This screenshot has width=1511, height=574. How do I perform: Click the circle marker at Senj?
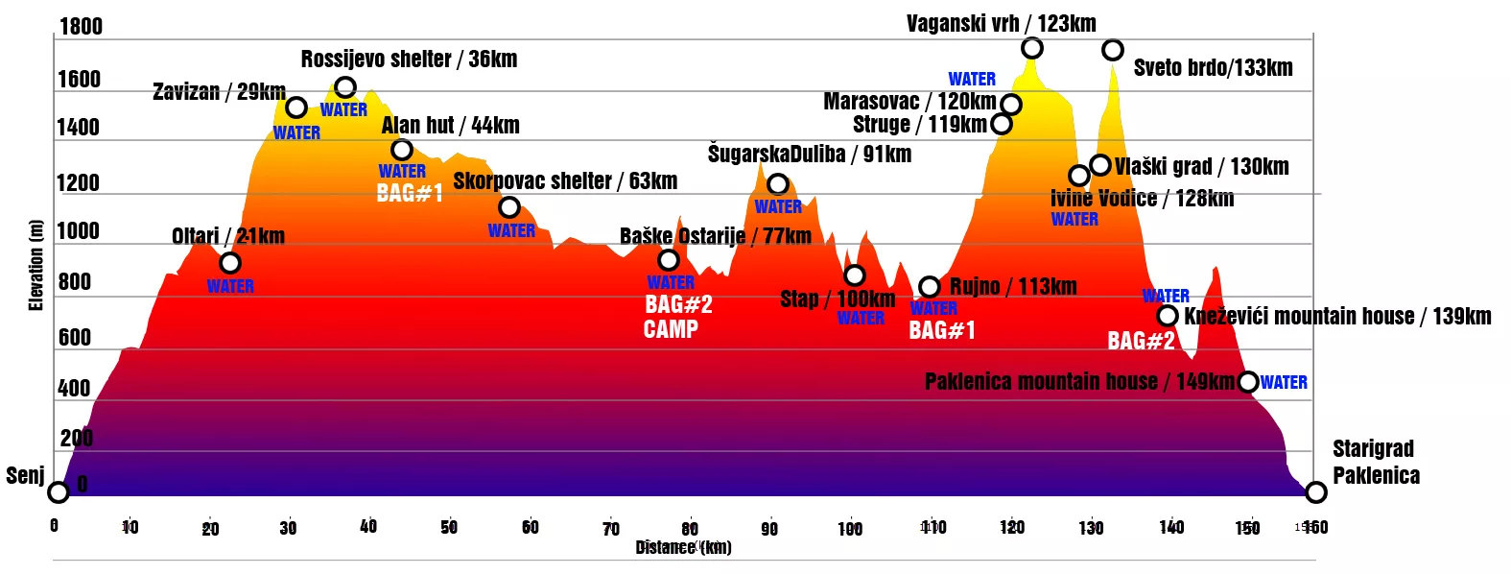tap(59, 492)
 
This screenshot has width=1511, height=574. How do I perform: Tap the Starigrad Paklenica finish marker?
tap(1315, 492)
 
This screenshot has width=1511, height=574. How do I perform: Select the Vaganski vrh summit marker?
tap(1031, 48)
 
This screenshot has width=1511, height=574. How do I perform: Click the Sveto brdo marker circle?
tap(1112, 50)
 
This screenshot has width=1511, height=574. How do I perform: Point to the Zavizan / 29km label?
tap(219, 92)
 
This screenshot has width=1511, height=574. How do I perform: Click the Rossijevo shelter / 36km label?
tap(409, 60)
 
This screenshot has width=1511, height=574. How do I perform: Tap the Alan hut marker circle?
tap(402, 150)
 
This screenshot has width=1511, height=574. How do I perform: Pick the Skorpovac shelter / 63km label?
tap(565, 181)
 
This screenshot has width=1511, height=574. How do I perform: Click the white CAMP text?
tap(671, 329)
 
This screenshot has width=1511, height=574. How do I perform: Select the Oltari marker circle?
tap(229, 263)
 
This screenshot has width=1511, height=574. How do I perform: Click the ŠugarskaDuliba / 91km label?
tap(809, 155)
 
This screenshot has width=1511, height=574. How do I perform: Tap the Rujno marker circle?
tap(929, 287)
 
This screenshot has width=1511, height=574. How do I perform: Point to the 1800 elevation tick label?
tap(81, 26)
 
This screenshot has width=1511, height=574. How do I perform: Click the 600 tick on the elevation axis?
tap(74, 338)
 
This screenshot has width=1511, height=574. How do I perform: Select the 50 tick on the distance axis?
tap(449, 527)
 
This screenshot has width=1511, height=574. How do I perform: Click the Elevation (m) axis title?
tap(36, 265)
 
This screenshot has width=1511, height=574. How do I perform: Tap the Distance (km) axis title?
tap(683, 547)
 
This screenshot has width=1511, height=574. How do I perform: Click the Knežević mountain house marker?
tap(1168, 316)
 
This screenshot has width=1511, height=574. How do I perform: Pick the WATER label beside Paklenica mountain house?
tap(1284, 383)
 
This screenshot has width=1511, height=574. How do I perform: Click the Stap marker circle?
tap(855, 275)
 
